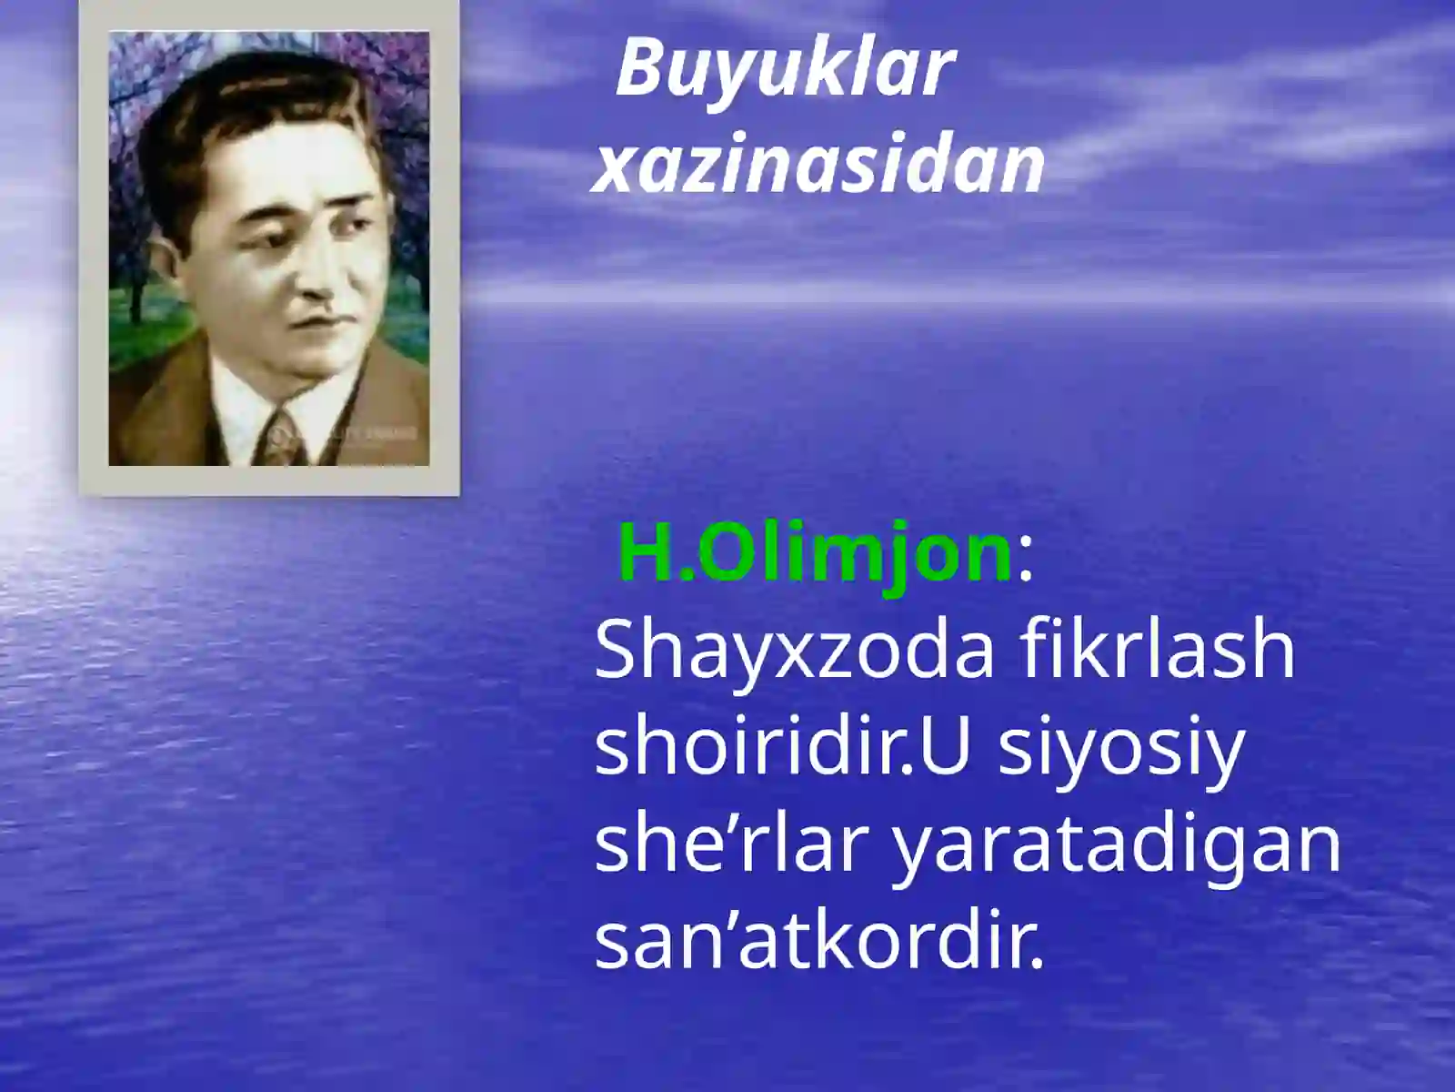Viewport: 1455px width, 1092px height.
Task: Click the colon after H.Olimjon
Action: pyautogui.click(x=1026, y=559)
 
